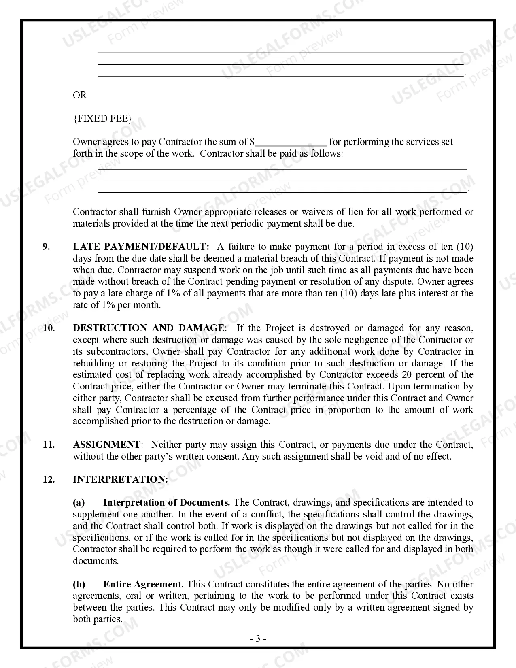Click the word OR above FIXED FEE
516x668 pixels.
click(80, 95)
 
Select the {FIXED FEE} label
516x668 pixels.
click(102, 119)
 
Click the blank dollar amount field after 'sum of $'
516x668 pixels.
click(291, 143)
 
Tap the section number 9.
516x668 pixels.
click(47, 247)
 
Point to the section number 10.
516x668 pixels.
click(49, 328)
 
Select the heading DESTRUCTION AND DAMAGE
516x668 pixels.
click(149, 328)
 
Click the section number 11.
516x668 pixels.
click(49, 445)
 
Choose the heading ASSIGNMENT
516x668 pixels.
click(106, 445)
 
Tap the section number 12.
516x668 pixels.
click(49, 479)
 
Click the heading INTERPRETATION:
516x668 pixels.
click(120, 479)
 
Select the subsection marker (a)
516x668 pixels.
click(79, 503)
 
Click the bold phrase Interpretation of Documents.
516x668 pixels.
click(166, 503)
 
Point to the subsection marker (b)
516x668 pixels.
click(79, 584)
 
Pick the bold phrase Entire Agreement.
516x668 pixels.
click(143, 584)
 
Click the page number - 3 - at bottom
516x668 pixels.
click(258, 639)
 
